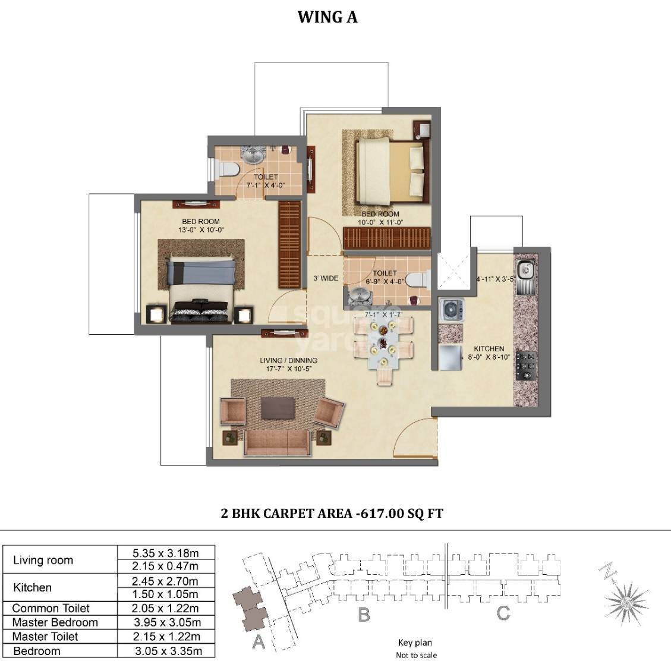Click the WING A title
pos(327,17)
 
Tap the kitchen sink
pos(525,270)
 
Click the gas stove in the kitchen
pos(526,366)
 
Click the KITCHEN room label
pos(489,349)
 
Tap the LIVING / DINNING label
pos(288,360)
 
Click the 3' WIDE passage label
pos(326,278)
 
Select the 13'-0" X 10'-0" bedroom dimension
pos(202,229)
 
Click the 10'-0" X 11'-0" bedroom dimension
pos(380,222)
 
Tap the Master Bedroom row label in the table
pos(55,622)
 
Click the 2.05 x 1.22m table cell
pos(166,608)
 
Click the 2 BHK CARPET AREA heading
pos(332,513)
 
